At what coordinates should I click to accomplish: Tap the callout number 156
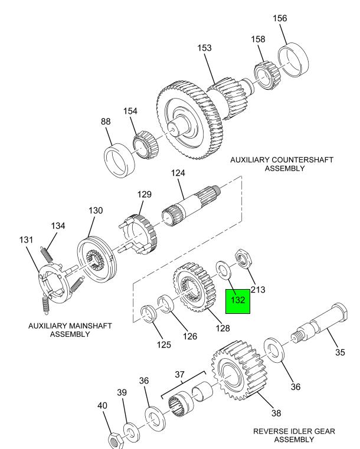(280, 18)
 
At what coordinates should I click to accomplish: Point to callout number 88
(106, 122)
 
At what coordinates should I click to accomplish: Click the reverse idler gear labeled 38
(236, 371)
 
